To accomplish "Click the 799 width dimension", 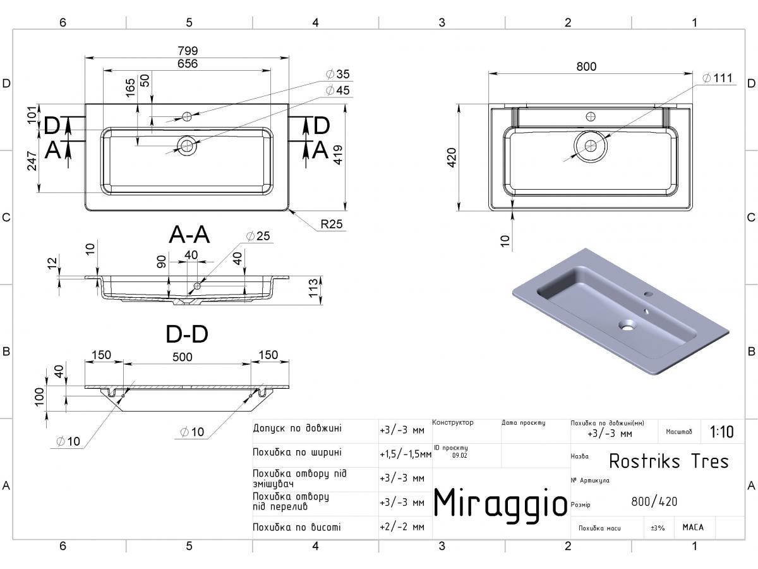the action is tap(188, 51).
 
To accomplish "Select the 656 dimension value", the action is tap(188, 64).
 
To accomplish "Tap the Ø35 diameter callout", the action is tap(338, 74).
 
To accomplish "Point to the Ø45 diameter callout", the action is tap(338, 90).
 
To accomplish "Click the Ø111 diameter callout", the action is tap(718, 78).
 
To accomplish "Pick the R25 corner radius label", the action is tap(332, 224).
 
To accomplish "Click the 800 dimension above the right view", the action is tap(586, 66).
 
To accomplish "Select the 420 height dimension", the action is tap(452, 157).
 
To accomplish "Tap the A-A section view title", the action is tap(189, 235).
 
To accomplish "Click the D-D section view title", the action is tap(187, 334).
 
